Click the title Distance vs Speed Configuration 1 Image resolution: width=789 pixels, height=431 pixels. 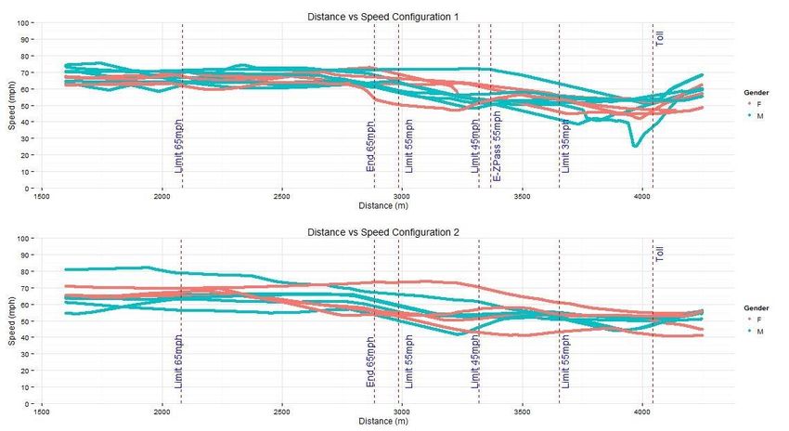pos(383,16)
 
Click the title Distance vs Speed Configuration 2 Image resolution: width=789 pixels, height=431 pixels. pos(383,232)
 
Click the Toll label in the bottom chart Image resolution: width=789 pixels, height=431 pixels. pos(660,254)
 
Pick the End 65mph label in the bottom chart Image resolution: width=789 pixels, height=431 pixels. pos(371,363)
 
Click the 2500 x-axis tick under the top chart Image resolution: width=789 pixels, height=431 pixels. pos(282,195)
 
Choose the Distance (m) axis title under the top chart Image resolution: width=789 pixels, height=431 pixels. pos(383,204)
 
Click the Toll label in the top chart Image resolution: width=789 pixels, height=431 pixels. pos(660,37)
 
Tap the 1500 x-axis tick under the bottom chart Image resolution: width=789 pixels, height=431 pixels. pos(42,411)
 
